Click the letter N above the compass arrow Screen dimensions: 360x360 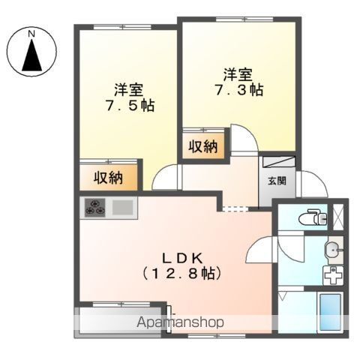pyautogui.click(x=31, y=34)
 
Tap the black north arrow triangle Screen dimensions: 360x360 pyautogui.click(x=31, y=55)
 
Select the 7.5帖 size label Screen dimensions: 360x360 pyautogui.click(x=130, y=105)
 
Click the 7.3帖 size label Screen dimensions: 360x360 pyautogui.click(x=239, y=90)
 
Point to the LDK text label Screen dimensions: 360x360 pyautogui.click(x=183, y=259)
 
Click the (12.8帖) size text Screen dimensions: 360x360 pyautogui.click(x=181, y=274)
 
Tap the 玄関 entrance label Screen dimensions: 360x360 pyautogui.click(x=277, y=181)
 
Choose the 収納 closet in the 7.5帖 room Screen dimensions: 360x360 pyautogui.click(x=108, y=178)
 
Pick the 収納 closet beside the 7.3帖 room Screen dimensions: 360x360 pyautogui.click(x=203, y=146)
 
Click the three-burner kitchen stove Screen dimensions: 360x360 pyautogui.click(x=95, y=208)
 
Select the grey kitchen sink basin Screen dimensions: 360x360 pyautogui.click(x=122, y=208)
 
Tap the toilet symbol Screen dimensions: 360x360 pyautogui.click(x=313, y=217)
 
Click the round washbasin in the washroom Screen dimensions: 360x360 pyautogui.click(x=331, y=249)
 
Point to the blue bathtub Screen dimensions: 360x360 pyautogui.click(x=331, y=312)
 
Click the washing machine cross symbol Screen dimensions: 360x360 pyautogui.click(x=333, y=275)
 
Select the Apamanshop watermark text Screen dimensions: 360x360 pyautogui.click(x=180, y=322)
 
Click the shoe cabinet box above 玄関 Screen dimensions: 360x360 pyautogui.click(x=279, y=162)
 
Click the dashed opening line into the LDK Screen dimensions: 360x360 pyautogui.click(x=235, y=208)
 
